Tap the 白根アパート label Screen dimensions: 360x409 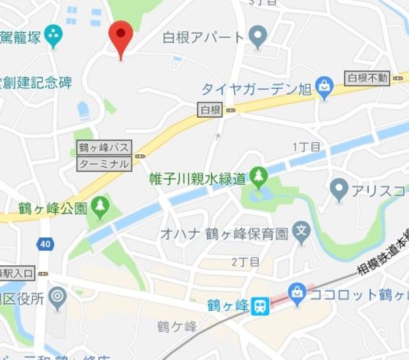203,36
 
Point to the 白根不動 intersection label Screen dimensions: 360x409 366,78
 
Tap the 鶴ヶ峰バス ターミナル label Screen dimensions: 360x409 104,155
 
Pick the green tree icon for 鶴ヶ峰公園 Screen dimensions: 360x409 100,206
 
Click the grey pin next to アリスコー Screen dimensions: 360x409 339,189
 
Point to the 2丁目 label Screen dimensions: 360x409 245,262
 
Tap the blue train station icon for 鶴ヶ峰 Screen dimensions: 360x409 259,306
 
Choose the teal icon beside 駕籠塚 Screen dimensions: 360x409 54,36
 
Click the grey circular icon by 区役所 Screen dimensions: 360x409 58,297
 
